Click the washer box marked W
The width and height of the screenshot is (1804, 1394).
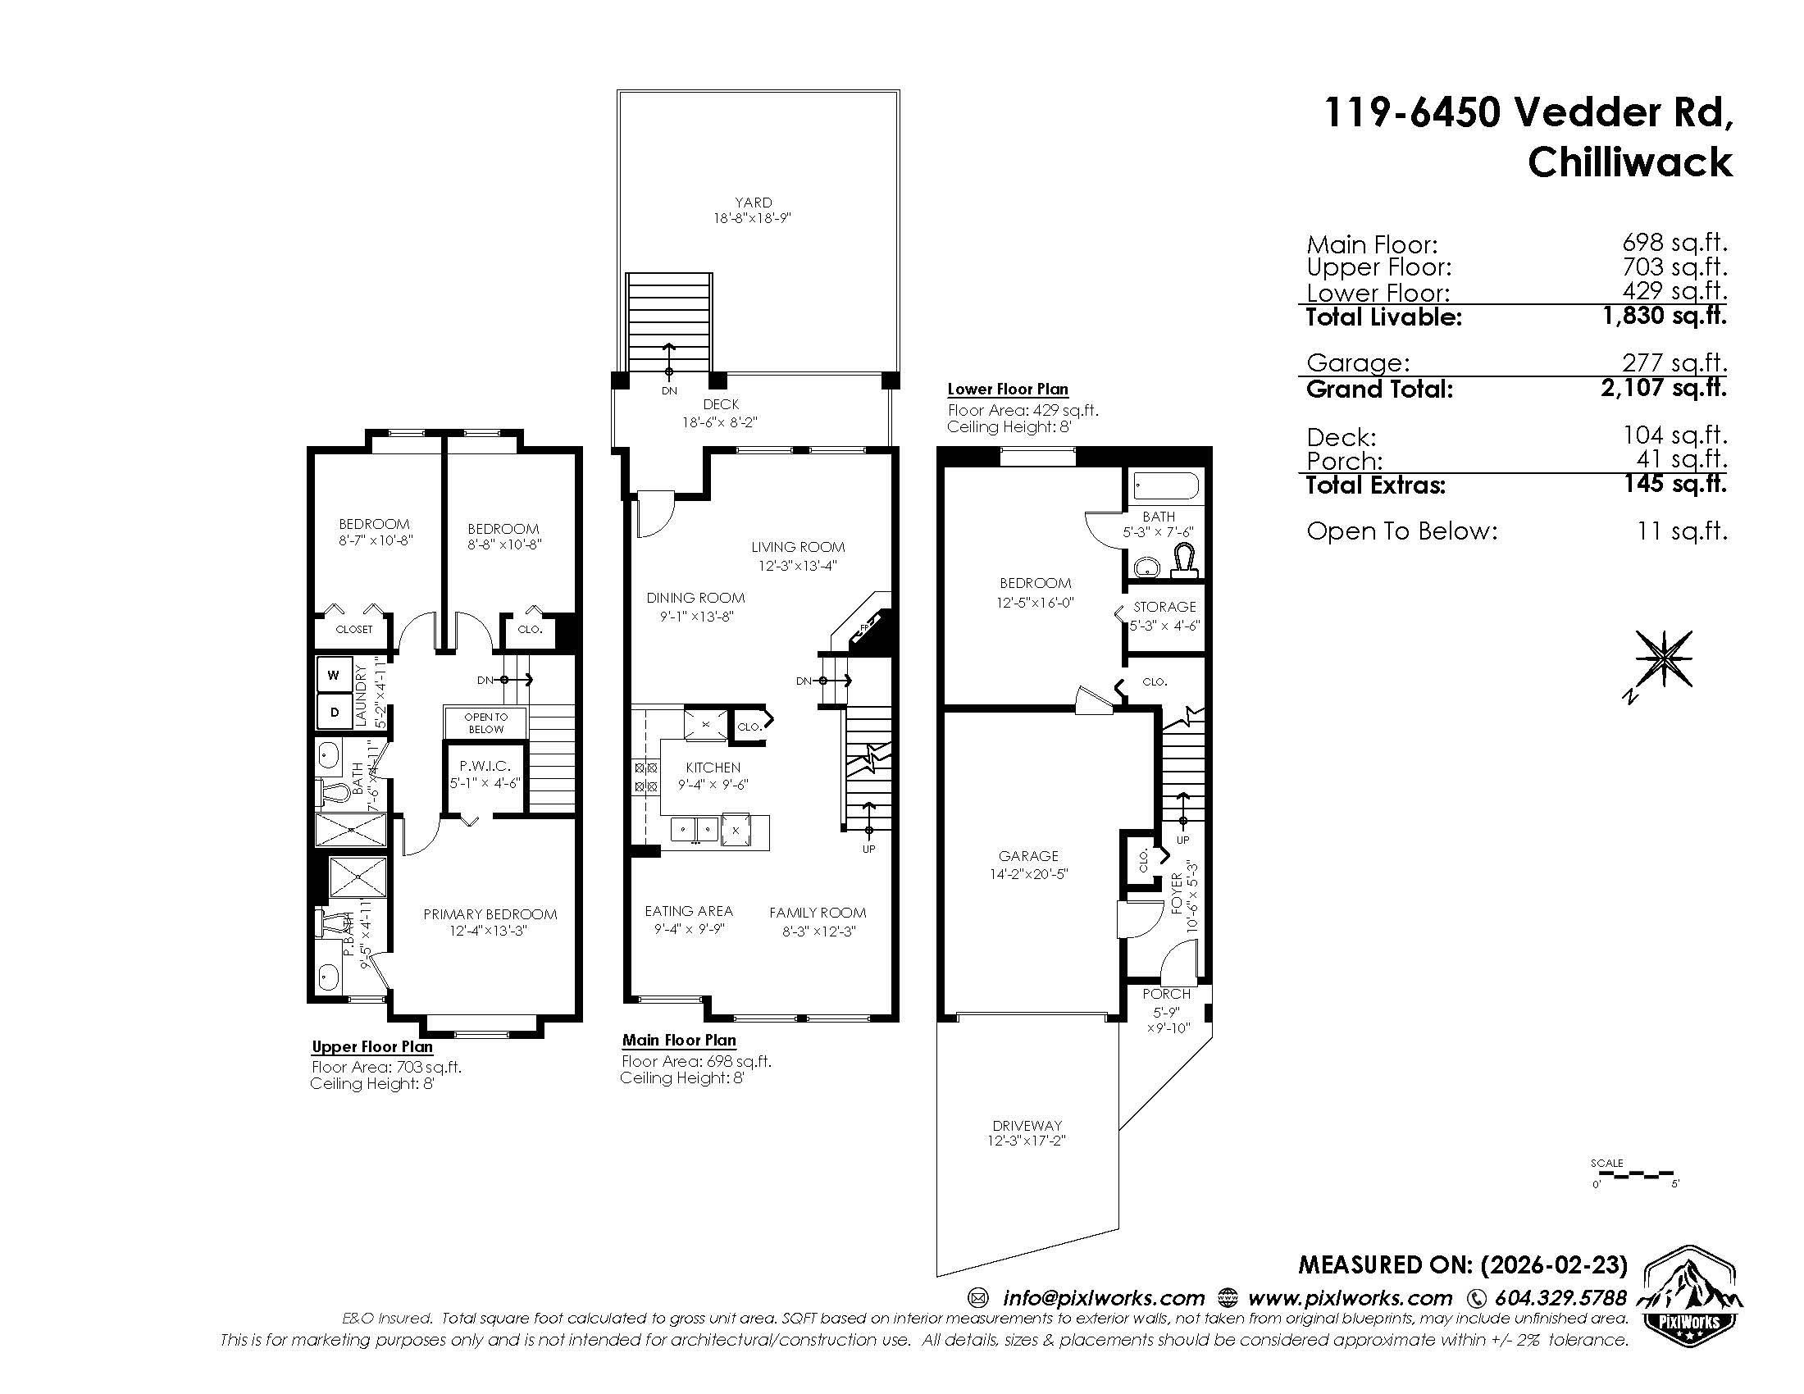334,675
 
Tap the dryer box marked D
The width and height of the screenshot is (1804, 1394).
334,711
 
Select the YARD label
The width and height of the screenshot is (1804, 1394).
754,203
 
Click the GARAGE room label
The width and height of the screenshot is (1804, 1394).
1027,856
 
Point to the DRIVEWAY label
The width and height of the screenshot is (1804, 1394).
1027,1126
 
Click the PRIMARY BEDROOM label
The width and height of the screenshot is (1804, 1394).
490,914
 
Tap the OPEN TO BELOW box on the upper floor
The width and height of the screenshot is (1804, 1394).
485,722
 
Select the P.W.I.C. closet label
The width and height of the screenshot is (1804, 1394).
485,767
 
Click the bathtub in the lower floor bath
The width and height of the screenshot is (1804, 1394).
1165,485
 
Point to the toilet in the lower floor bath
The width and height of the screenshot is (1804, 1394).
1186,558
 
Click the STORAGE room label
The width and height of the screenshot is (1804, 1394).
1164,607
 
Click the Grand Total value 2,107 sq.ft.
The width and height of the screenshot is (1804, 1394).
1664,386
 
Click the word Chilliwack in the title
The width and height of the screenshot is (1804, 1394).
1629,162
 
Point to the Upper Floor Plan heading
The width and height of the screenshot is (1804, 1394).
371,1047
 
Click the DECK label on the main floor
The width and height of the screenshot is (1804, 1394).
721,404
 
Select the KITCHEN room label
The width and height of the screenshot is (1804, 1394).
713,768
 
